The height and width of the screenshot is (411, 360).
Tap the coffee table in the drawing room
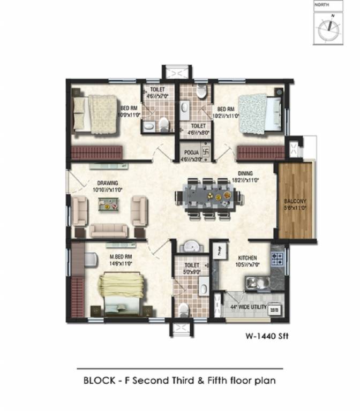(109, 204)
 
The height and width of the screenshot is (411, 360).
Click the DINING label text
(246, 173)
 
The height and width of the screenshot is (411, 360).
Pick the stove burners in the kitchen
(277, 260)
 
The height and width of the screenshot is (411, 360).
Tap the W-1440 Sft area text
(266, 338)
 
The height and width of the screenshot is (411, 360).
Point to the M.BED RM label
(121, 257)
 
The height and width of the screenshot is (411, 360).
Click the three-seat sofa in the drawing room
(109, 231)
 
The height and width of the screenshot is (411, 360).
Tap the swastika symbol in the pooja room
(195, 153)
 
